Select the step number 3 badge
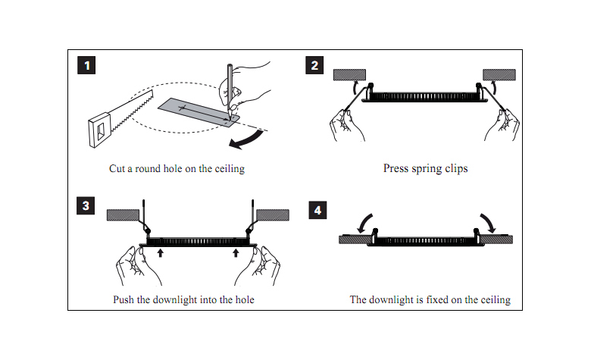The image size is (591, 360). click(87, 205)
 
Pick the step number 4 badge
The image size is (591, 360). click(318, 210)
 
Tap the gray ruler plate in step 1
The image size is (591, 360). click(195, 111)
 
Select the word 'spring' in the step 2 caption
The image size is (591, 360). click(427, 168)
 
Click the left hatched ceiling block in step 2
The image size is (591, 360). click(349, 74)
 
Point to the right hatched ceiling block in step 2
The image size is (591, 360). click(500, 74)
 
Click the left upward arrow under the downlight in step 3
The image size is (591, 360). click(161, 252)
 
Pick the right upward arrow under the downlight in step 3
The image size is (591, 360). click(236, 252)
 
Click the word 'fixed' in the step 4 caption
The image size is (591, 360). click(439, 299)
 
